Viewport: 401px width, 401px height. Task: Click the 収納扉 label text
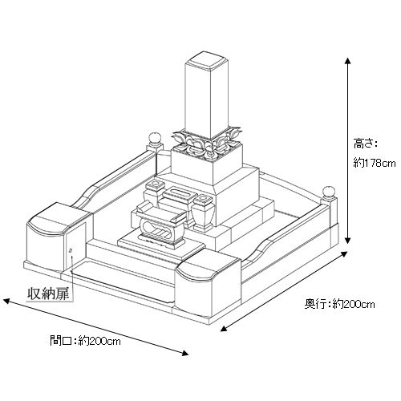(x=49, y=294)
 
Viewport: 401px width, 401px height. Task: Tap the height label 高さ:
(x=365, y=144)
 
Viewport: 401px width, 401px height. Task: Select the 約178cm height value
(x=375, y=163)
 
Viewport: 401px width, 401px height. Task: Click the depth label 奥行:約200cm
(x=339, y=304)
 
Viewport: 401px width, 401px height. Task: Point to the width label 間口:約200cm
(x=85, y=341)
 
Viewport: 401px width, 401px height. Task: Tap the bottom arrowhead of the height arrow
(x=347, y=241)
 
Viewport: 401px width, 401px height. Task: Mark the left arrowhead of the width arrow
(x=6, y=302)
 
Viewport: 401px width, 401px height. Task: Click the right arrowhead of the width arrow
(x=185, y=353)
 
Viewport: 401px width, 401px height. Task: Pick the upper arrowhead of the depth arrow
(x=344, y=253)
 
